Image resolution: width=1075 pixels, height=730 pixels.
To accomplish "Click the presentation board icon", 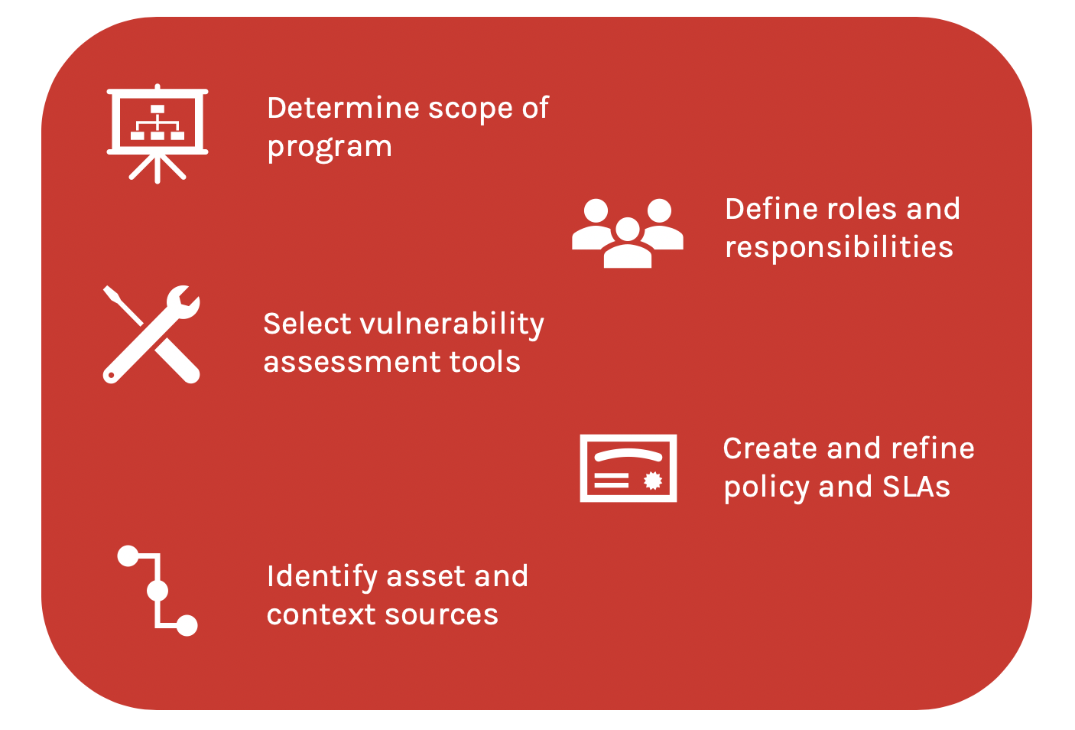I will (x=158, y=132).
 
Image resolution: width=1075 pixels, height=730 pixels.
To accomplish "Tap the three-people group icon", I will (x=627, y=233).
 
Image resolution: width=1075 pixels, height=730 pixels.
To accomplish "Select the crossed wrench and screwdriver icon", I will (x=151, y=334).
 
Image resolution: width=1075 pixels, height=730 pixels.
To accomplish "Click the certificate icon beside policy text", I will (x=628, y=468).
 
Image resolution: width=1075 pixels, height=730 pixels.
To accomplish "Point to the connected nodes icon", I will (x=158, y=591).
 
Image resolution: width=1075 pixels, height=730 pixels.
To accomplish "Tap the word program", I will (x=330, y=147).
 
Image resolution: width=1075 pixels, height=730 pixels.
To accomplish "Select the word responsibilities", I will (x=839, y=247).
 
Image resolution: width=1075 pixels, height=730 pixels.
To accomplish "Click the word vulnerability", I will (x=452, y=324).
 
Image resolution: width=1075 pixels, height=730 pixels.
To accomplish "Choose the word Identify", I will (x=322, y=577).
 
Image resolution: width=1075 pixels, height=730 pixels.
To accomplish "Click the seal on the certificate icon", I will (x=652, y=481).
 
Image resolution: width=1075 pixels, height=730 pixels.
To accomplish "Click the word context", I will (x=321, y=614).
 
